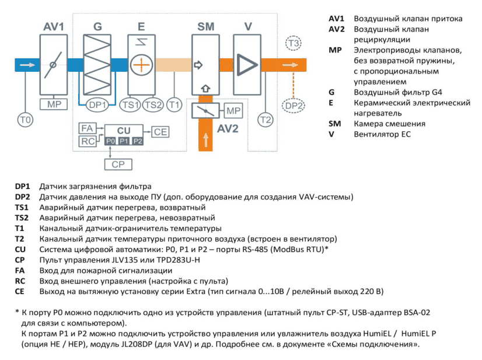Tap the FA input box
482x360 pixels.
pos(88,128)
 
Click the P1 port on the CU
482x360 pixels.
pos(124,141)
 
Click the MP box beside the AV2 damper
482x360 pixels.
pos(233,111)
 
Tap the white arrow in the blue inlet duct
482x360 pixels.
pos(27,65)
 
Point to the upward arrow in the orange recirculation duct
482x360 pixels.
pos(205,140)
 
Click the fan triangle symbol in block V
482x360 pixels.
pos(247,65)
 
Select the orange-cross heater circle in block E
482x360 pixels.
pos(141,65)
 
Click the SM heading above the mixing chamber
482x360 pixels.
pos(205,27)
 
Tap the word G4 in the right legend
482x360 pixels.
pos(437,92)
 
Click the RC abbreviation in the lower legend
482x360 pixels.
pos(20,281)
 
